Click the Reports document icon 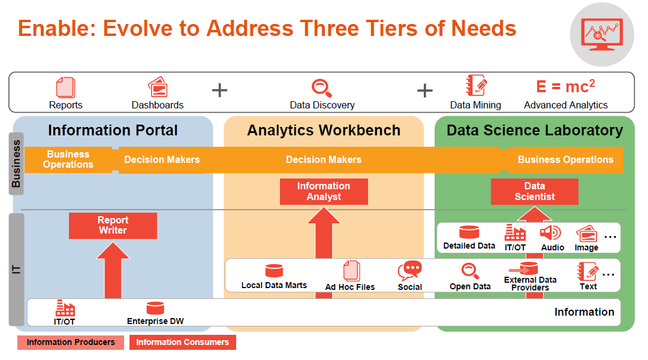[x=65, y=87]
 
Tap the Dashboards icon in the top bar [x=158, y=87]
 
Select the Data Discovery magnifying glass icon [x=321, y=88]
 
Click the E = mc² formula [x=565, y=86]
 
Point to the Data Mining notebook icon [x=476, y=86]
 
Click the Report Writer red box [x=113, y=225]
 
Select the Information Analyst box [x=324, y=192]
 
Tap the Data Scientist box [x=534, y=192]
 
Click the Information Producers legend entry [x=71, y=342]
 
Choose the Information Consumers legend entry [x=183, y=342]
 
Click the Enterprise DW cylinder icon [x=155, y=308]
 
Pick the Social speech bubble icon [x=409, y=271]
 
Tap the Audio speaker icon [x=550, y=233]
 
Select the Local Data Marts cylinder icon [x=274, y=271]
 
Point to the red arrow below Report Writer [x=113, y=270]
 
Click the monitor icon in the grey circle [x=602, y=35]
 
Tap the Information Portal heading [x=113, y=131]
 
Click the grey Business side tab [x=16, y=164]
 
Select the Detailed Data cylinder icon [x=469, y=232]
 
